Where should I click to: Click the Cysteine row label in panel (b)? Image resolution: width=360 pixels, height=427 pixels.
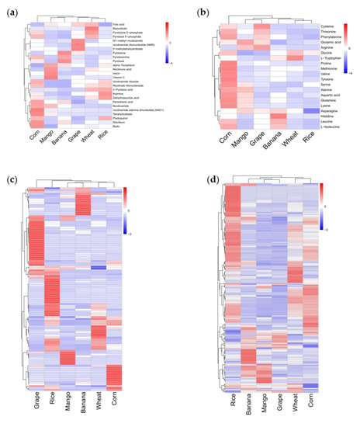(x=330, y=26)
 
